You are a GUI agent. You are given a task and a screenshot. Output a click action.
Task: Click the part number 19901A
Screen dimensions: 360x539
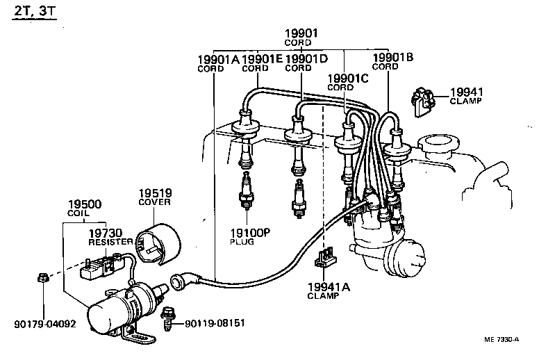pos(218,60)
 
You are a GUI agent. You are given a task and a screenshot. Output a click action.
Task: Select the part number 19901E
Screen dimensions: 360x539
pos(262,60)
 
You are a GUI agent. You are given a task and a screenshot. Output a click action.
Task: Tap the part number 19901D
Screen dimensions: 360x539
pos(306,60)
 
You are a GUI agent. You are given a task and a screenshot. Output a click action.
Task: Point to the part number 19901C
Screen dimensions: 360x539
pos(349,79)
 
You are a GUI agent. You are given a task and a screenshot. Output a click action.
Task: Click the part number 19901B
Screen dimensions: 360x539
pos(393,58)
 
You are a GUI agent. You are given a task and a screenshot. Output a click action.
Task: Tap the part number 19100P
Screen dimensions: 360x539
pos(250,232)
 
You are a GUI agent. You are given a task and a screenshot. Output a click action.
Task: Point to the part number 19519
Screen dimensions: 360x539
pos(155,193)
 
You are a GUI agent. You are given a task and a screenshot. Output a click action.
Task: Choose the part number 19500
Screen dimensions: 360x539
pos(84,204)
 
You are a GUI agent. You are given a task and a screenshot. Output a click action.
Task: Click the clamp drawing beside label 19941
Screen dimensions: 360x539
pos(423,101)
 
